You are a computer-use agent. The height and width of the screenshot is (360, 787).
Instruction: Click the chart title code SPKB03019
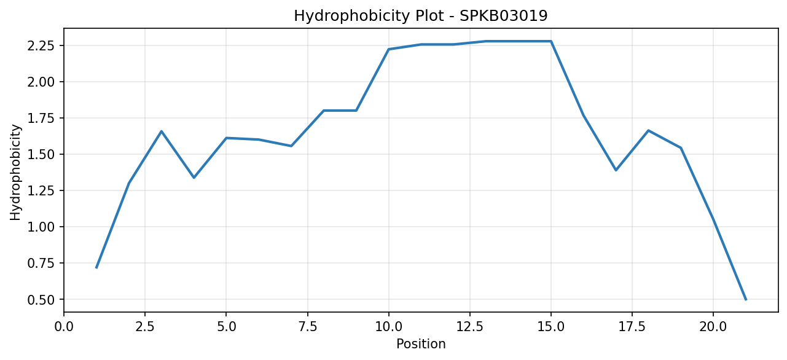tap(503, 16)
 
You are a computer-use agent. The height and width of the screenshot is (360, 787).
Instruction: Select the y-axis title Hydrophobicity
tap(15, 173)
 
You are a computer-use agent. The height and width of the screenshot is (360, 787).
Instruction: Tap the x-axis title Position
tap(421, 344)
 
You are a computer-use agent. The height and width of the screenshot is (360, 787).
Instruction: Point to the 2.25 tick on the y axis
tap(41, 45)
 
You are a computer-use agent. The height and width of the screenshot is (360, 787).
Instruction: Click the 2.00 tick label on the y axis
tap(41, 82)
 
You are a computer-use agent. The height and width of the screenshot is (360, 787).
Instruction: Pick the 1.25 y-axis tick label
tap(41, 190)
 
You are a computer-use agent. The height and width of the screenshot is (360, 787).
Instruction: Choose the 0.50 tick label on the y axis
tap(41, 300)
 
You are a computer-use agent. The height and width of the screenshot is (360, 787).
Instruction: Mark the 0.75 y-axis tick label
tap(41, 263)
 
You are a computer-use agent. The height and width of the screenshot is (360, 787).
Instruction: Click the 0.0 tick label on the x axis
tap(64, 327)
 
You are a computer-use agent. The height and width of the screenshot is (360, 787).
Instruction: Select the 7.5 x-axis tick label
tap(307, 327)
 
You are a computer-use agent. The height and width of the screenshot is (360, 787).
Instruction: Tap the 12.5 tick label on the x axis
tap(470, 327)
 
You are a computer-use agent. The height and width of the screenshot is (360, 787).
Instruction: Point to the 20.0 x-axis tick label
tap(713, 327)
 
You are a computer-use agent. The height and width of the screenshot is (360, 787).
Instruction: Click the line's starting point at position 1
tap(96, 268)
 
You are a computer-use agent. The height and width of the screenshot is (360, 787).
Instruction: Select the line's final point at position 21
tap(746, 300)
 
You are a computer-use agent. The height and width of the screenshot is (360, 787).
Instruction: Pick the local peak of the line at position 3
tap(161, 131)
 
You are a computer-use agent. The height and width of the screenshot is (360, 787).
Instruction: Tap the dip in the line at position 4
tap(194, 178)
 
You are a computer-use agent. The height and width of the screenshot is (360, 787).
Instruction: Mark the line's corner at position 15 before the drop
tap(551, 41)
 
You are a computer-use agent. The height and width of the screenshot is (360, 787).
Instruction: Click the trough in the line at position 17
tap(616, 170)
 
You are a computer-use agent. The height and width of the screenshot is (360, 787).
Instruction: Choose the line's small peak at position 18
tap(648, 130)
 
